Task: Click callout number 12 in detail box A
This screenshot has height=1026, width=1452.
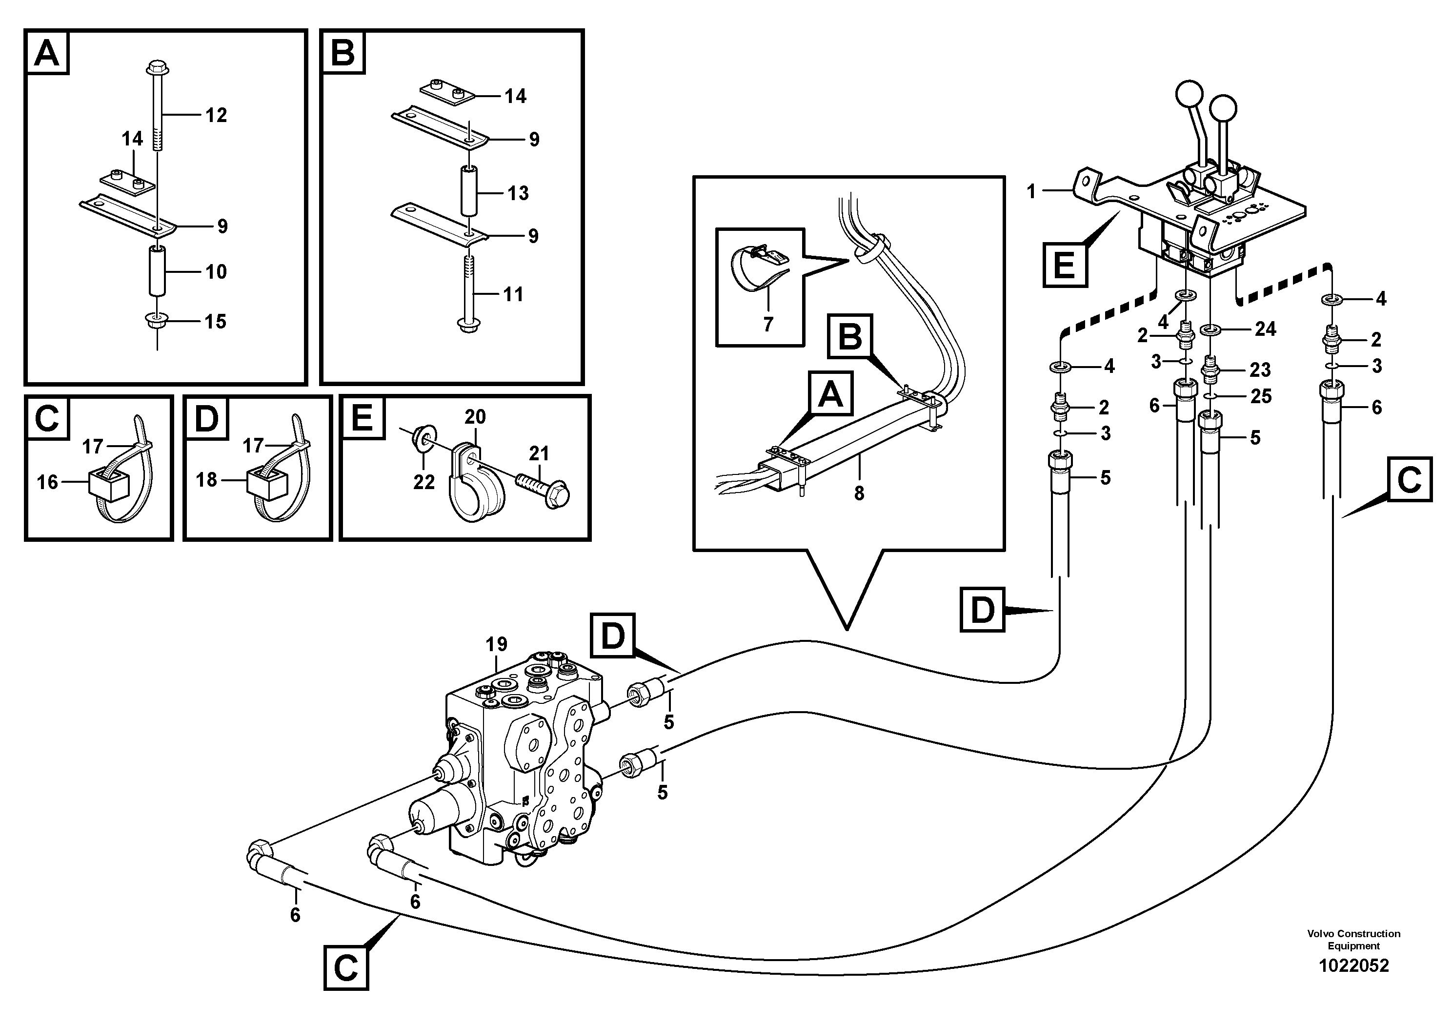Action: (216, 115)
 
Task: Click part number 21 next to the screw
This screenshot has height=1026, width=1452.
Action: (539, 453)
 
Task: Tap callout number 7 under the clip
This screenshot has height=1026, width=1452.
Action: (768, 325)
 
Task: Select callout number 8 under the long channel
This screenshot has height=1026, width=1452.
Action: (859, 493)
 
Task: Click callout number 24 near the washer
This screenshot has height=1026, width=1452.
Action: (1266, 329)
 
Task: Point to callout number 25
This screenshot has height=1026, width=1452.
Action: (1261, 397)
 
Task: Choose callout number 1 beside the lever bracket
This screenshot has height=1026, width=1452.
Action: (1031, 191)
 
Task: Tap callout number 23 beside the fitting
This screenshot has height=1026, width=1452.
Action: (1260, 369)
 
